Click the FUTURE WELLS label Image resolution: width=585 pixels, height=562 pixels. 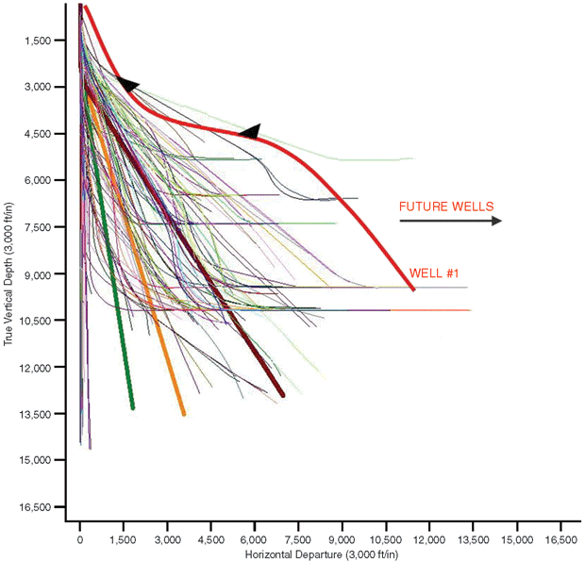pos(446,206)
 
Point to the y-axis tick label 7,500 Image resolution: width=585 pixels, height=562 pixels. pos(48,227)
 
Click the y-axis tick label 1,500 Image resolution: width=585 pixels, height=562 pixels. pos(48,41)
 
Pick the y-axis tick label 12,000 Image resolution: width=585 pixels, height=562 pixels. pos(46,367)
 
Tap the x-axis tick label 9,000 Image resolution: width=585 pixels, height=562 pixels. pos(343,539)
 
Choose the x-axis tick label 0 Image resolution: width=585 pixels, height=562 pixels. pos(80,539)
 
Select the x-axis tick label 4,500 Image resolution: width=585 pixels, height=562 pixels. pos(211,539)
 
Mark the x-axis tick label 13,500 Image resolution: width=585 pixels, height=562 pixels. pos(473,539)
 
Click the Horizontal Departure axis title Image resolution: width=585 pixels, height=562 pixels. pos(322,554)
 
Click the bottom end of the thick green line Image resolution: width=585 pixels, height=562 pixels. pos(133,407)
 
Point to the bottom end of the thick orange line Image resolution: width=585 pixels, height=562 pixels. pos(184,413)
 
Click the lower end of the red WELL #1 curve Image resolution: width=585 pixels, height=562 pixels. pos(412,288)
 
